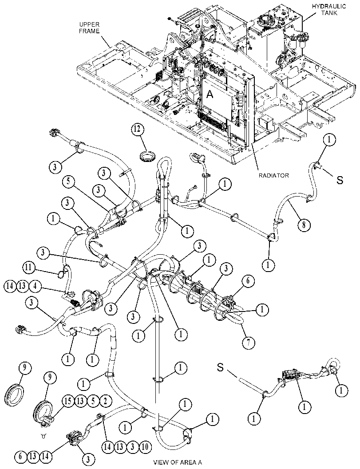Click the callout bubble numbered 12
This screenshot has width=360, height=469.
pos(137,131)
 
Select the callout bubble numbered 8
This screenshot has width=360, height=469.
pos(304,225)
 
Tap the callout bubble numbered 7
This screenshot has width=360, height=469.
pos(248,342)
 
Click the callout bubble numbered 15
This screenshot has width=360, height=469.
pos(68,401)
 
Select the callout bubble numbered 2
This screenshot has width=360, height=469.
pos(105,401)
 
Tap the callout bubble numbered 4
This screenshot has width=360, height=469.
pos(35,286)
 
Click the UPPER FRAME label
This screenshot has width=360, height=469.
pos(90,28)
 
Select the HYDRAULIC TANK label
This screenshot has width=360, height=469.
pos(329,9)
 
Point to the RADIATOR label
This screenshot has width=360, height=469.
pos(274,175)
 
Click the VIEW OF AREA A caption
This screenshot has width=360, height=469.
pos(178,462)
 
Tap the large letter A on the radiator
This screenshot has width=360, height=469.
pos(210,95)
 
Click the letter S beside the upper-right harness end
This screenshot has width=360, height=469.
pos(340,180)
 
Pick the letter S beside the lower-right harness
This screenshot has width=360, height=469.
pos(220,367)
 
